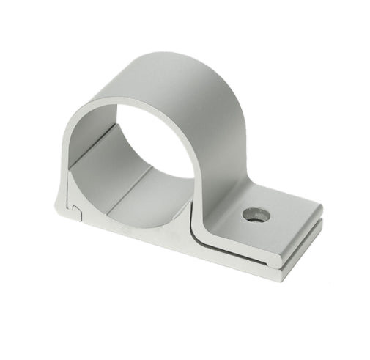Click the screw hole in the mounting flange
click(x=254, y=216)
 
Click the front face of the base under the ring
click(x=132, y=231)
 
